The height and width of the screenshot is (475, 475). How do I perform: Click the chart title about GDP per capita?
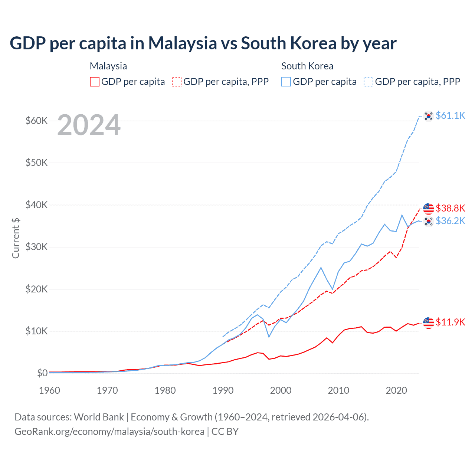coord(203,43)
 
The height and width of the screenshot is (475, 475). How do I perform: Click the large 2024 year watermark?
coord(89,125)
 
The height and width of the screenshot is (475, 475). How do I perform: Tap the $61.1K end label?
coord(450,115)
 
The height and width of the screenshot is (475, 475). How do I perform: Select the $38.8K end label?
coord(450,208)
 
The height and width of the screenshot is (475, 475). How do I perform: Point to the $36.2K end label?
coord(450,221)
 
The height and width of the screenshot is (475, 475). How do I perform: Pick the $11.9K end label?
coord(450,322)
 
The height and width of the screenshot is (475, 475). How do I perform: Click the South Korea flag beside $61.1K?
coord(429,116)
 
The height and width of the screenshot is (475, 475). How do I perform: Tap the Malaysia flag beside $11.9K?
coord(429,323)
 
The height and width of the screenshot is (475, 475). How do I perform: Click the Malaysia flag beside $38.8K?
coord(429,209)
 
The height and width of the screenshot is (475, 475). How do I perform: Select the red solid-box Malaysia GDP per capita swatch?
coord(95,82)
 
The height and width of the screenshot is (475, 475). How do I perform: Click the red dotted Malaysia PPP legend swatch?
coord(177,82)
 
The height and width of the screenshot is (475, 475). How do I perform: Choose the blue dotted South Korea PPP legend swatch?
coord(368,82)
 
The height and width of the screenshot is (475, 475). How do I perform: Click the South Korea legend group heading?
coord(307,66)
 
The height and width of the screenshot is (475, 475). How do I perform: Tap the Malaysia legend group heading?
coord(108,66)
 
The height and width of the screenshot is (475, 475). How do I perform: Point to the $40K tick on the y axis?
coord(36,205)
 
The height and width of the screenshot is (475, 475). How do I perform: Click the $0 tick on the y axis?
coord(42,373)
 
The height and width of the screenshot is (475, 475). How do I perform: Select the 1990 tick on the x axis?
coord(223,390)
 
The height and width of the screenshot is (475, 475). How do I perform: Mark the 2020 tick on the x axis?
coord(396,390)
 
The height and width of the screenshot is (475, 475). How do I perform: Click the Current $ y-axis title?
coord(16,238)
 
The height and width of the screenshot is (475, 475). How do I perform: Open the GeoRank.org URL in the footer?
coord(109,432)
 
